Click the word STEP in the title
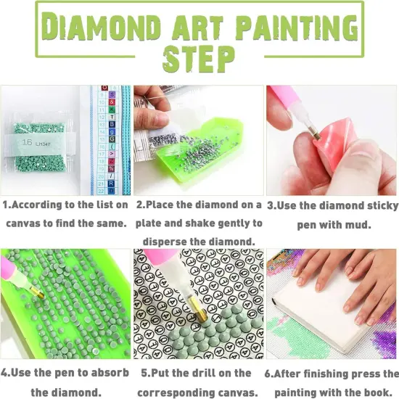coord(199,58)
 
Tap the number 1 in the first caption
coord(6,205)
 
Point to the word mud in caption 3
coord(360,225)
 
